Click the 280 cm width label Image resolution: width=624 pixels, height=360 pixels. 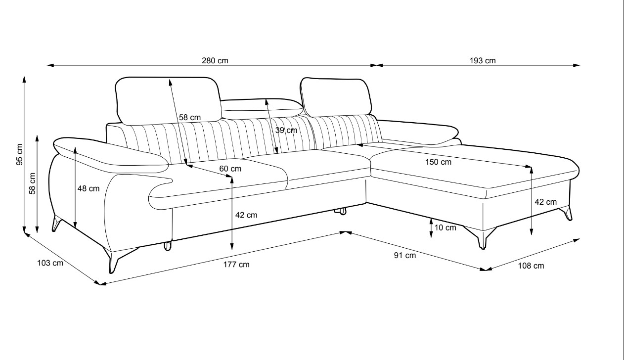(215, 61)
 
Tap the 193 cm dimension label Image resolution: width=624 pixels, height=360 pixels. (483, 61)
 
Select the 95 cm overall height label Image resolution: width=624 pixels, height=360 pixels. (19, 154)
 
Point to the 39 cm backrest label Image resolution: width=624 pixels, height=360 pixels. (286, 131)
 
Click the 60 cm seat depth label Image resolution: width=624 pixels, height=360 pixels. (230, 169)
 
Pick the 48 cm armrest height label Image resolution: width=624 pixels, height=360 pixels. (89, 188)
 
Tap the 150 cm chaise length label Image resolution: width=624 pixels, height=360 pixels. (439, 162)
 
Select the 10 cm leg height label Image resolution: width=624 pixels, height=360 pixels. (445, 227)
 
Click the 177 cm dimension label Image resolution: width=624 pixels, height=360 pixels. (236, 265)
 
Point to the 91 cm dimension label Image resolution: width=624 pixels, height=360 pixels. (404, 255)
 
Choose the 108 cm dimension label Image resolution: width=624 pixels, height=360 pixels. (531, 266)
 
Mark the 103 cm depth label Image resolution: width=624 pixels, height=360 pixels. (50, 263)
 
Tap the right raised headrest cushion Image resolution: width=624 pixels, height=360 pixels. (336, 96)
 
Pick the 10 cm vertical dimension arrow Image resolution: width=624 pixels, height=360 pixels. (431, 228)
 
